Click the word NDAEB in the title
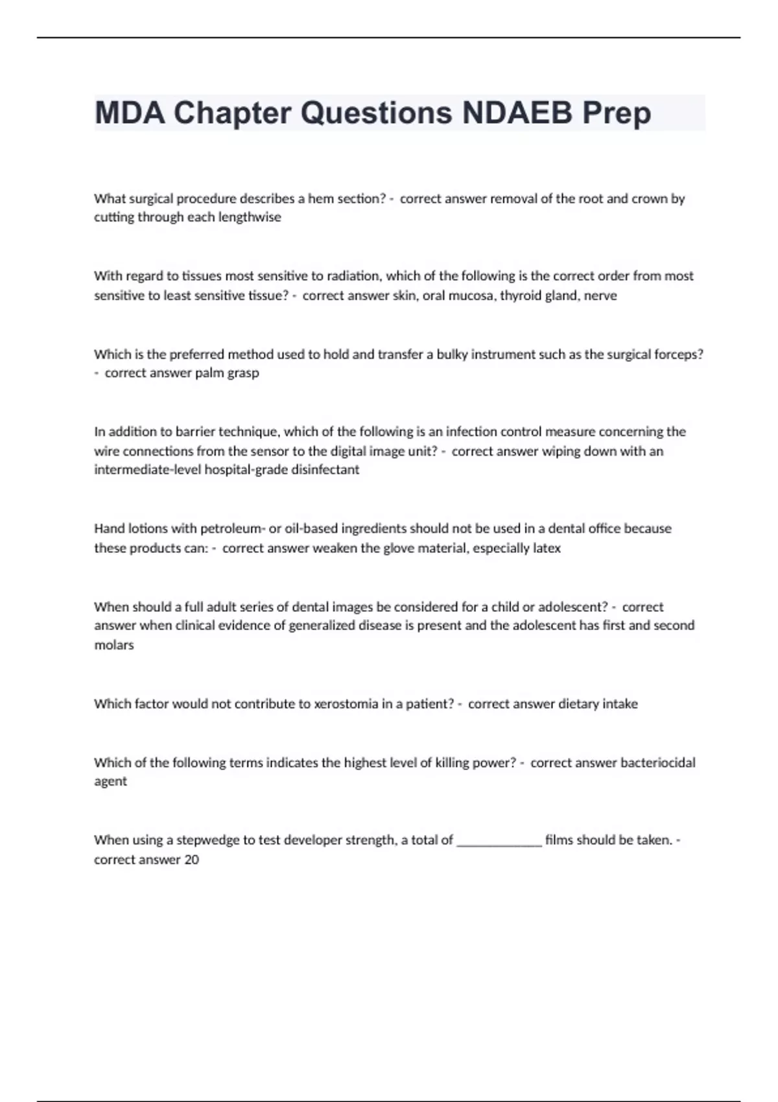point(517,113)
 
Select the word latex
point(547,548)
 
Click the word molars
point(114,646)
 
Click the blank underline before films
point(499,843)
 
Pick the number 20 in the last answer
point(191,860)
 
